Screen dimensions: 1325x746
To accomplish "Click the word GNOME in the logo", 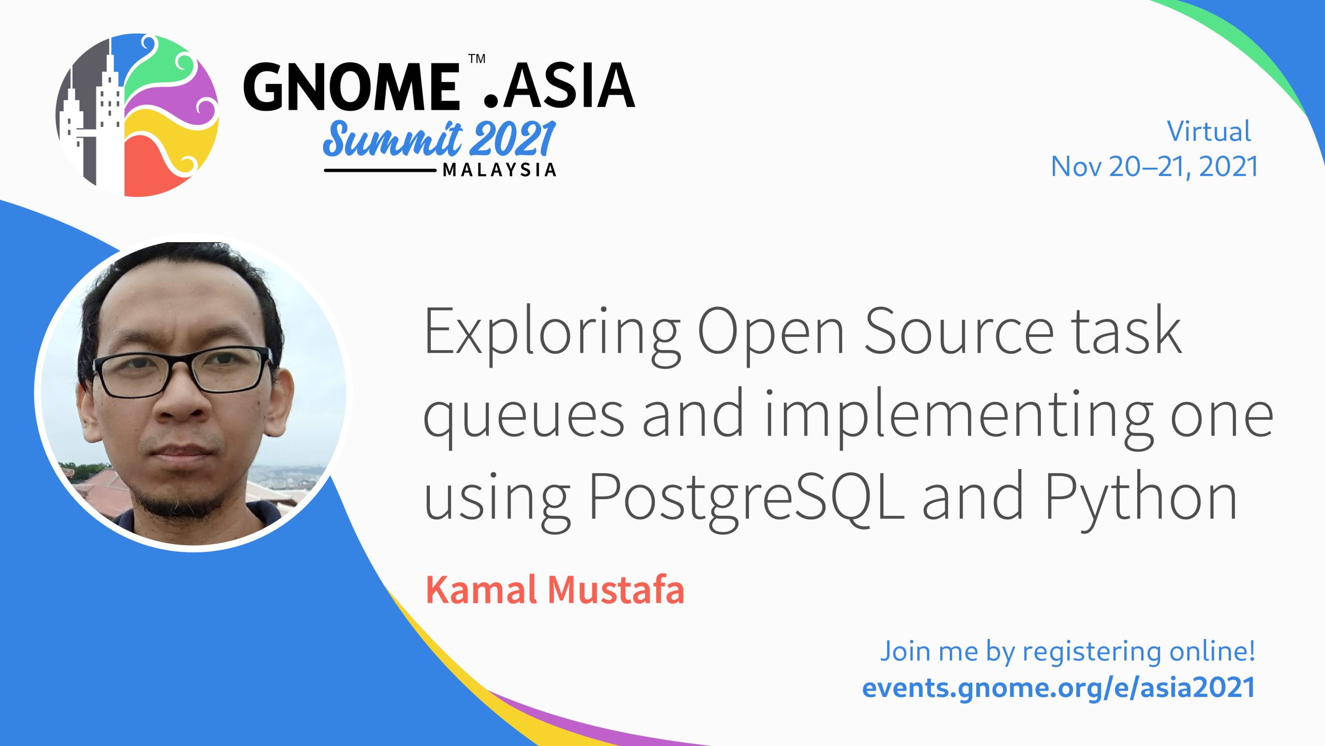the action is [351, 86].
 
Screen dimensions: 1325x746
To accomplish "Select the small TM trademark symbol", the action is [477, 58].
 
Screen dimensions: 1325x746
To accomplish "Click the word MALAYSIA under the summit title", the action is [499, 170].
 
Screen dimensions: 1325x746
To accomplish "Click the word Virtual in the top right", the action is [1209, 131].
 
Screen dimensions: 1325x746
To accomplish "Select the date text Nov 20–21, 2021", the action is [1154, 167].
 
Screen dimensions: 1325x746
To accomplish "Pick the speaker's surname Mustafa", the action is [616, 590].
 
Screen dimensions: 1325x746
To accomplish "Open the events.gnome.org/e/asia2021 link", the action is [1059, 688].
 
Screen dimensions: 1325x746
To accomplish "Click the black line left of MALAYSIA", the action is [380, 170].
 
